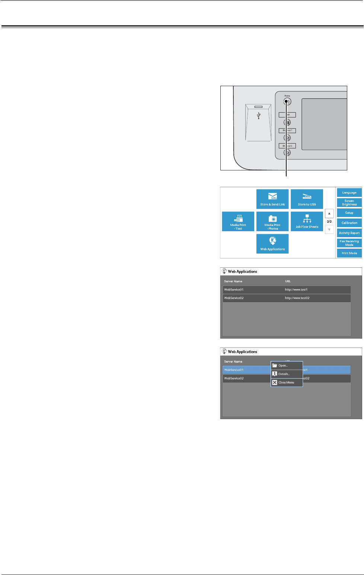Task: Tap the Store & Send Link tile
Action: [x=272, y=199]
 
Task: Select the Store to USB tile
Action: [x=307, y=199]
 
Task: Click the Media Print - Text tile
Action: [x=238, y=221]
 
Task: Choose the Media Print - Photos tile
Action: [x=272, y=221]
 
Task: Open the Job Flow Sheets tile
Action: [x=307, y=221]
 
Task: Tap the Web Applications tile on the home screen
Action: [x=272, y=243]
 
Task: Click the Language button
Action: [x=349, y=192]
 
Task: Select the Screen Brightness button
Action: [x=349, y=202]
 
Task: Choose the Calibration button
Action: [x=349, y=223]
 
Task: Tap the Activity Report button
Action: [x=349, y=233]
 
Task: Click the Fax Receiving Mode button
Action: [x=349, y=243]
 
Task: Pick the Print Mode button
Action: [x=349, y=253]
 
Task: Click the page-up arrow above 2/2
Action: [x=329, y=213]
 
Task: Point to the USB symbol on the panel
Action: [x=259, y=116]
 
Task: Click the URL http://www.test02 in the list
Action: [x=297, y=298]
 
